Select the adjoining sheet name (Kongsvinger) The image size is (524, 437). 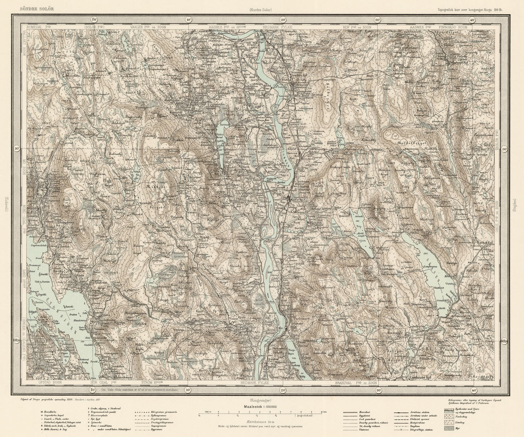click(262, 398)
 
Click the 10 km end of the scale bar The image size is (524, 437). click(322, 412)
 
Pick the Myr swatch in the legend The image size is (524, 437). click(449, 428)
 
